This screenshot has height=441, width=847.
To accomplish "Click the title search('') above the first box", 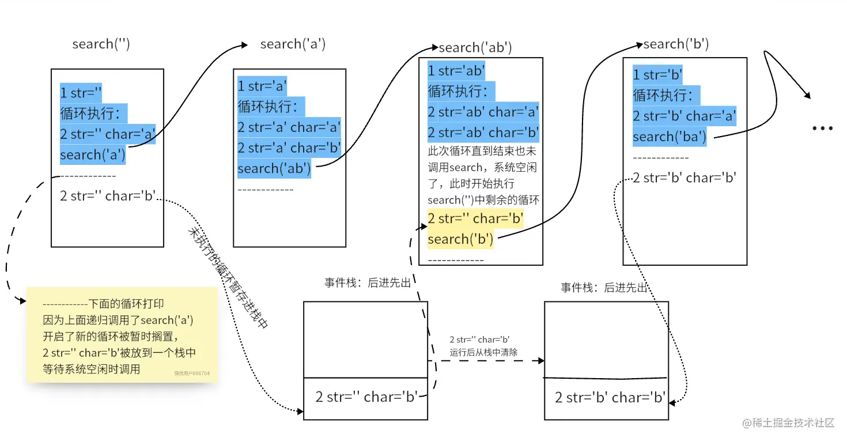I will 101,44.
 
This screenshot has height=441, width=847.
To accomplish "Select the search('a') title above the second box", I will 293,44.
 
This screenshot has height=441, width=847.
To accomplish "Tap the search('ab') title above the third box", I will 475,48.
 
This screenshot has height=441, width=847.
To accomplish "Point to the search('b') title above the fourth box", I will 676,44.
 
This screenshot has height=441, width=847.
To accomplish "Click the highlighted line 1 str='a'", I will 262,86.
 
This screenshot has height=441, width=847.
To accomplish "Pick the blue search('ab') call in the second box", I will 274,168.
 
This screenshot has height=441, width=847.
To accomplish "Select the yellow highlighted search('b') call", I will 460,239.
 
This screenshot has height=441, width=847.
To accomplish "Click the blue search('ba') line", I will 670,137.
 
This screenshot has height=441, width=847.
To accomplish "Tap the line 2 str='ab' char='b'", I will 483,133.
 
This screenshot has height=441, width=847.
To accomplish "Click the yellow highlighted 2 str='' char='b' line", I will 475,218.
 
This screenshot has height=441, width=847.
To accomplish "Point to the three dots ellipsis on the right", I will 822,129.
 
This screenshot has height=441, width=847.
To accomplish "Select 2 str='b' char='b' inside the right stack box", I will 610,397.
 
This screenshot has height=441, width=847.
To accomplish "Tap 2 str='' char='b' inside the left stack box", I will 366,397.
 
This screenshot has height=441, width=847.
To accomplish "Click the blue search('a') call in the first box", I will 93,154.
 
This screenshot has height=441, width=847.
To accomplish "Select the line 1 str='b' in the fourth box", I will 657,75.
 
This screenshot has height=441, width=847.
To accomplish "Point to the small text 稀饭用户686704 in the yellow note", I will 192,374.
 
